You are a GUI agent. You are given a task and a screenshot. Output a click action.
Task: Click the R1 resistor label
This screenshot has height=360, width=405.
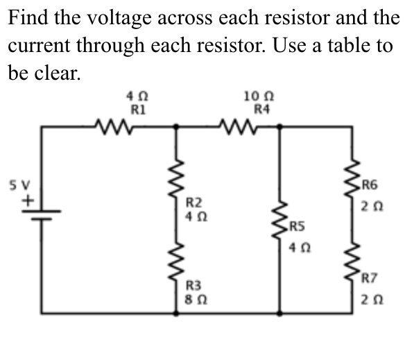pyautogui.click(x=137, y=109)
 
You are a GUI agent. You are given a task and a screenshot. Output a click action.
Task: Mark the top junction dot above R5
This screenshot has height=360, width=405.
pyautogui.click(x=280, y=126)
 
